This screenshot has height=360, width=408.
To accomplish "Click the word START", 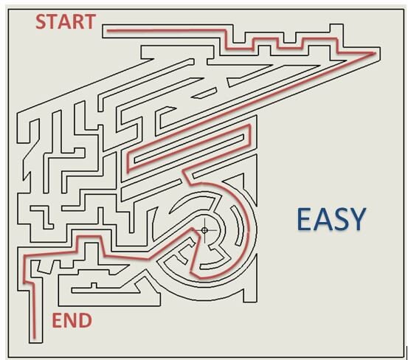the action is pos(66,21).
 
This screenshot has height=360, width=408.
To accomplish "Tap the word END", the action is pos(72,320).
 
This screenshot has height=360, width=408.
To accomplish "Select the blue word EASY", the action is pos(331,219).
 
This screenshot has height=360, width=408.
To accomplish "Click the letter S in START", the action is pos(41,21).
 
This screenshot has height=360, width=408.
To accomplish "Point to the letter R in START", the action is pos(78,21).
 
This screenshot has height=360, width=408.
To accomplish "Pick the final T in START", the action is pos(90,21).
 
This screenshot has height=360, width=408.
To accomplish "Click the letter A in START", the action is pos(65,21).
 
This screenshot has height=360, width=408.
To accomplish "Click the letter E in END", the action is pos(58,320).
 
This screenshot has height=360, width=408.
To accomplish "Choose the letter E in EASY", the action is pos(304,219).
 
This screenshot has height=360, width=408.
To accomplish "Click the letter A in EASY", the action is pos(322,219).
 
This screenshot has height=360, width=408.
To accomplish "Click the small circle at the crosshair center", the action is pos(204,230).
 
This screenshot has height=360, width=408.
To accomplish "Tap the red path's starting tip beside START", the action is pos(108,31).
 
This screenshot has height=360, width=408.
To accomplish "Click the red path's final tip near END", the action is pos(34,337).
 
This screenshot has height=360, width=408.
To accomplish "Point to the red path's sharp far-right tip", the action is pos(375,53).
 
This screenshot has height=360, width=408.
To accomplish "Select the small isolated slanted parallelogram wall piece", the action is pos(204,93).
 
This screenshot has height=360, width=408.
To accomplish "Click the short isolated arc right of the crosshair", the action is pos(240,226).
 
